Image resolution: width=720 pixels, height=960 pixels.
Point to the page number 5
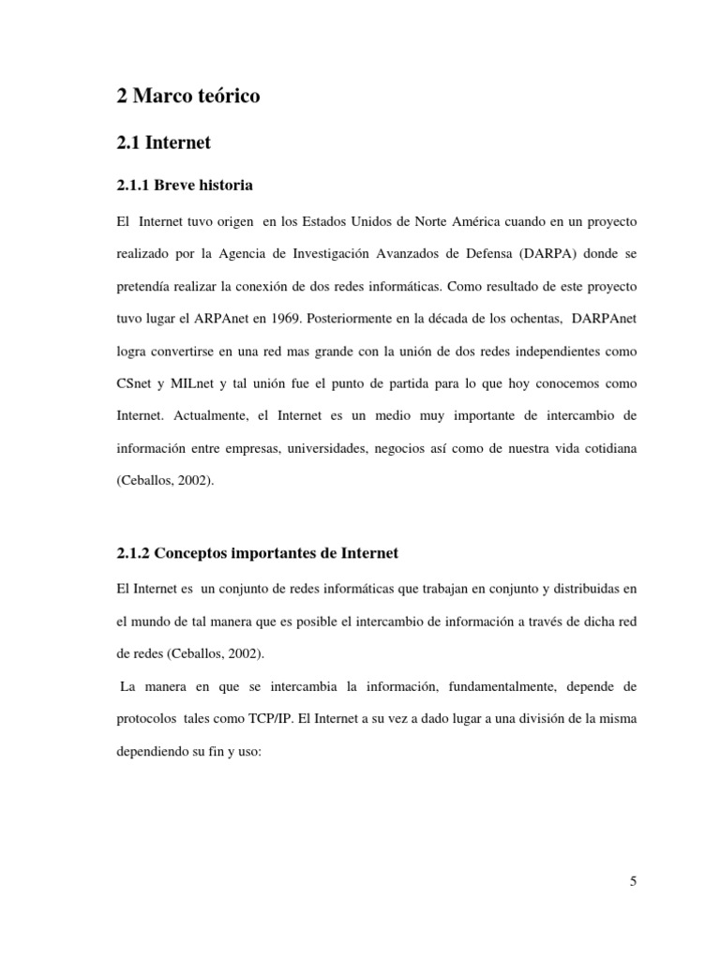click(633, 881)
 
